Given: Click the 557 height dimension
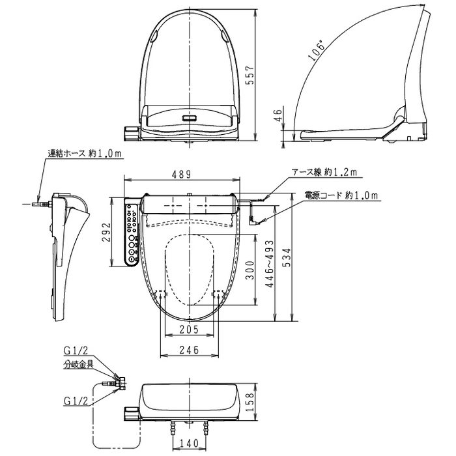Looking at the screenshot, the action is [x=249, y=75].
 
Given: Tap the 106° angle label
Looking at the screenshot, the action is [x=316, y=51].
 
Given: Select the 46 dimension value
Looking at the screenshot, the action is [x=278, y=115].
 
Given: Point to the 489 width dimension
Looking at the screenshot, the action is [x=182, y=174].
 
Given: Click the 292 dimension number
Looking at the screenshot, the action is [x=106, y=232].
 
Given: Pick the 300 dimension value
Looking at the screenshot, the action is [x=249, y=270].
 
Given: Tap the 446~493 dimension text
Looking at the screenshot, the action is [x=270, y=264].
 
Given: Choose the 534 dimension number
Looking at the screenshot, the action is [x=287, y=257].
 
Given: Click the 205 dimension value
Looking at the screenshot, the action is [x=189, y=329].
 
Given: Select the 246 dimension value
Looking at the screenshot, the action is [x=189, y=350].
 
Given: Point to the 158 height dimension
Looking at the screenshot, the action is [x=249, y=402].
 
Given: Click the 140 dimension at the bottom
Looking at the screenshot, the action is [x=189, y=443].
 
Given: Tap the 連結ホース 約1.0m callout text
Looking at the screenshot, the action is [x=85, y=153].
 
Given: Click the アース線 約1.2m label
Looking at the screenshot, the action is [x=324, y=172].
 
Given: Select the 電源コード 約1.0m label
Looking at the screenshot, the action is [x=341, y=195].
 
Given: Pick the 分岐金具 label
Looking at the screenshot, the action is [x=79, y=363].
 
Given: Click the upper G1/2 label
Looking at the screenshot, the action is [x=76, y=350].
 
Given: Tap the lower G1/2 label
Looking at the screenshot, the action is [x=76, y=401].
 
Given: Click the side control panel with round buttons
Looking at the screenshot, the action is [x=132, y=232].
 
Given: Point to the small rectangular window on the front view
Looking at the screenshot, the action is [x=190, y=118].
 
